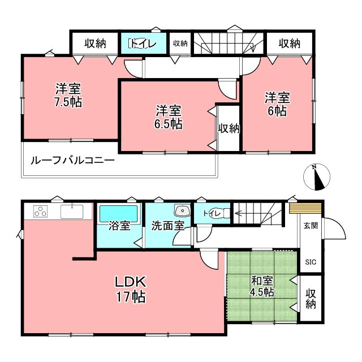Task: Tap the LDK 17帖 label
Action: click(131, 288)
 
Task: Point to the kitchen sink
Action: click(72, 212)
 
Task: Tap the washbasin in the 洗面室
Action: click(182, 211)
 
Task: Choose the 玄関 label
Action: click(311, 226)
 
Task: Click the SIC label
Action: click(311, 262)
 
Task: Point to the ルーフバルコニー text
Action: click(73, 161)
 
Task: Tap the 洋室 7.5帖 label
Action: click(67, 94)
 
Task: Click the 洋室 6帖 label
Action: click(277, 104)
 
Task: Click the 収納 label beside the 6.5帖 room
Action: click(229, 128)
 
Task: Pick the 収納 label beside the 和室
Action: click(311, 299)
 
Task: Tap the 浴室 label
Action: click(119, 226)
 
